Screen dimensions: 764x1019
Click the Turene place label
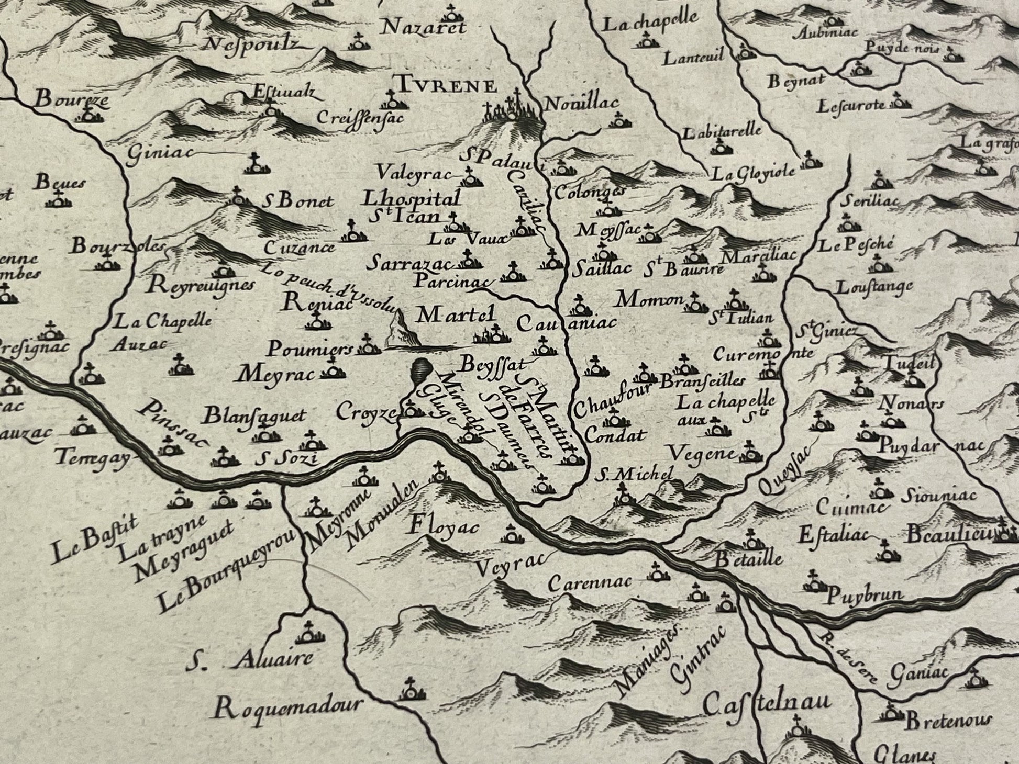[x=445, y=85]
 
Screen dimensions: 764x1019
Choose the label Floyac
[x=442, y=526]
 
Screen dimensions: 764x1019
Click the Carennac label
[x=591, y=582]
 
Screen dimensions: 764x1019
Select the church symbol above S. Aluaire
[x=308, y=634]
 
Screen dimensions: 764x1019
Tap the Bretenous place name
[x=948, y=722]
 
